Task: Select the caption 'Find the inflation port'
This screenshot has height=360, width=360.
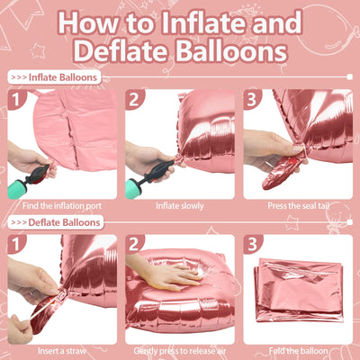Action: click(x=62, y=206)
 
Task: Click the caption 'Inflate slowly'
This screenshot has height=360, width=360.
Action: click(x=180, y=206)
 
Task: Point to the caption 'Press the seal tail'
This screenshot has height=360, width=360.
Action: click(x=299, y=206)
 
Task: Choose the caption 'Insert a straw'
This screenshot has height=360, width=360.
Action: click(x=62, y=351)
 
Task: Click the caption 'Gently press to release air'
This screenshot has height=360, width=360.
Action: click(x=180, y=351)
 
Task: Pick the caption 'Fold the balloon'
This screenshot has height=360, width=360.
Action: click(x=298, y=351)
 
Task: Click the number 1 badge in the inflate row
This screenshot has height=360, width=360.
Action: click(x=16, y=100)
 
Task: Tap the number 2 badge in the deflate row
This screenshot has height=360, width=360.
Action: click(x=134, y=244)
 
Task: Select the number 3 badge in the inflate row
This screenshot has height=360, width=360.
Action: click(x=252, y=100)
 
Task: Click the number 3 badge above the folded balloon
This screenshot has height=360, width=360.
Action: click(x=252, y=244)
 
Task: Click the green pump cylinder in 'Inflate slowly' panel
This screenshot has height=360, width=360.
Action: click(x=132, y=188)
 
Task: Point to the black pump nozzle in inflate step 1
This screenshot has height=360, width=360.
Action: click(x=38, y=175)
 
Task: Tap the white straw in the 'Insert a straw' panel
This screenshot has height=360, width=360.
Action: click(x=42, y=308)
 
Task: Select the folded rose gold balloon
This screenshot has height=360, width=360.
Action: click(x=299, y=290)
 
